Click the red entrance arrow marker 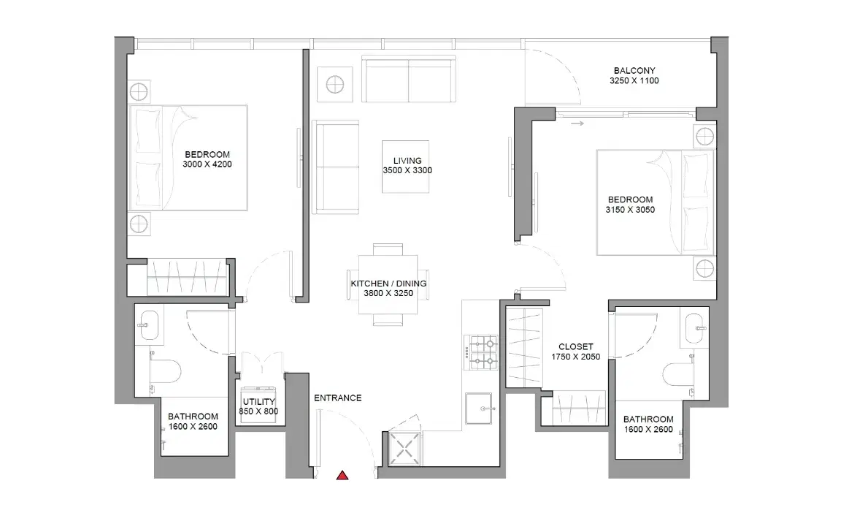[x=342, y=475]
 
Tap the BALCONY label [x=634, y=71]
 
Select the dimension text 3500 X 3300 [x=407, y=170]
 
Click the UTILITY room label [x=258, y=401]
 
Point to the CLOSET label [x=576, y=347]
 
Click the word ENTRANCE [x=337, y=398]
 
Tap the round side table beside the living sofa [x=335, y=85]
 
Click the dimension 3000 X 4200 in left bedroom [x=207, y=164]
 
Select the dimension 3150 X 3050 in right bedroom [x=630, y=210]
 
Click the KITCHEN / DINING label [x=388, y=284]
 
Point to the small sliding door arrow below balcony [x=577, y=123]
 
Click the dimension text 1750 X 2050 [x=576, y=357]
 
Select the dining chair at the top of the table [x=388, y=249]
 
